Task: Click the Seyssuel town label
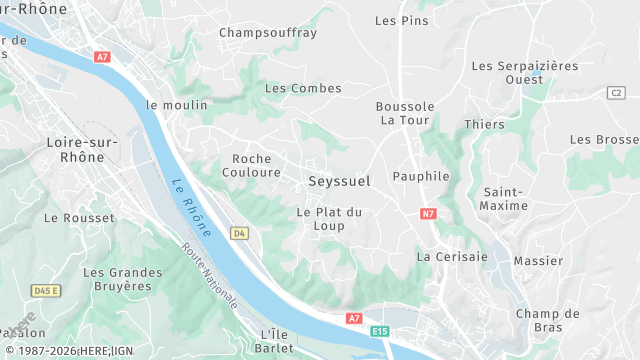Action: click(339, 181)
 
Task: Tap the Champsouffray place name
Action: click(268, 32)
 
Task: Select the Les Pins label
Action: click(400, 20)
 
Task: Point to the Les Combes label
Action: click(303, 88)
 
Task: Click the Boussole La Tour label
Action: click(405, 113)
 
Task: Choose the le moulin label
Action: click(177, 104)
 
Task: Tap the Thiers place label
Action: click(485, 124)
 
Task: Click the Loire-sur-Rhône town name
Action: click(82, 149)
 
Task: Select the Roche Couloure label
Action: click(256, 165)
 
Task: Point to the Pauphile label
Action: click(421, 176)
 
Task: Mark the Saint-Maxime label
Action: click(505, 198)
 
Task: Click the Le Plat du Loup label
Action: click(329, 218)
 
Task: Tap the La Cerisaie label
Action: click(452, 256)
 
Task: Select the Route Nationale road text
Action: click(209, 274)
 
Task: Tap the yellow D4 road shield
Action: click(238, 233)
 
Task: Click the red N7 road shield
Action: click(428, 213)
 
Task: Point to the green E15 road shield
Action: click(379, 331)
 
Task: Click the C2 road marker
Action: click(615, 93)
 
